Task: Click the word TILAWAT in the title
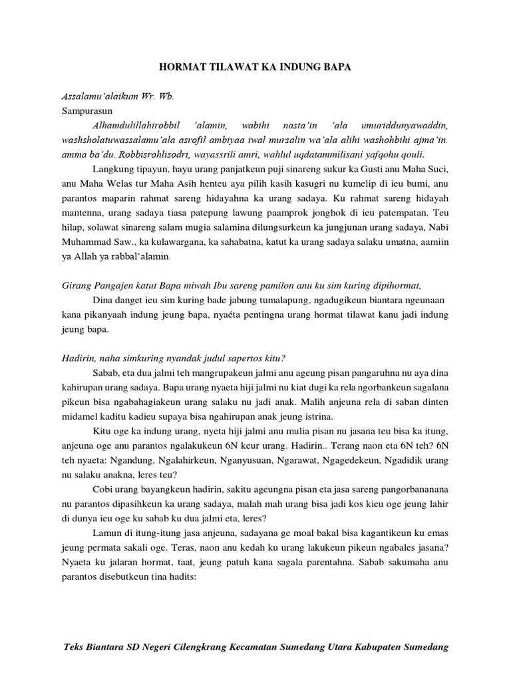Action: [x=222, y=67]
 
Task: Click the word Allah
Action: [x=86, y=256]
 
